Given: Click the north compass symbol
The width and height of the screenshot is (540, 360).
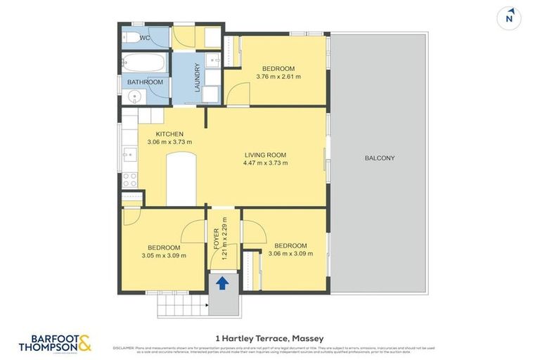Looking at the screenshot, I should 509,18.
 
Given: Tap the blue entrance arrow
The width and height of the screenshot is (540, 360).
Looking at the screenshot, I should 222,283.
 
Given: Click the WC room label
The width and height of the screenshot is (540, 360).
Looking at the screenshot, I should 146,38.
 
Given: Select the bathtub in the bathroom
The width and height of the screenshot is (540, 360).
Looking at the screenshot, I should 144,64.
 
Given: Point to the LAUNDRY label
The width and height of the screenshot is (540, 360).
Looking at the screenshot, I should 198,78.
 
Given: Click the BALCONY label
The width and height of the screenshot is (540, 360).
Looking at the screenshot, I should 380,158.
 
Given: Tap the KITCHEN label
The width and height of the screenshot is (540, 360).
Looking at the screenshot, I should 169,134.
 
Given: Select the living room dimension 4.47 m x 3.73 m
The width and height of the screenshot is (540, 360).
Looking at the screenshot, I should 266,163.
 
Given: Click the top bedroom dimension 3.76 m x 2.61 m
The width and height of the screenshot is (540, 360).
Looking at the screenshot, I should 278,77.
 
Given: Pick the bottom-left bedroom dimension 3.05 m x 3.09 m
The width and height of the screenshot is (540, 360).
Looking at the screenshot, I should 164,256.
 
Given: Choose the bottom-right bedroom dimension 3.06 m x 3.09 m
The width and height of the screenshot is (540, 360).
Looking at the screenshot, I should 290,254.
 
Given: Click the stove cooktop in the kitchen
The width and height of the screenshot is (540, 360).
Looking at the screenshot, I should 130,180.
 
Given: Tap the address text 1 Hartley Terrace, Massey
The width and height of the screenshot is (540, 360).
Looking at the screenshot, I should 270,338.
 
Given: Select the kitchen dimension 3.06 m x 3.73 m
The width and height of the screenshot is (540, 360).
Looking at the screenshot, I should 169,142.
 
